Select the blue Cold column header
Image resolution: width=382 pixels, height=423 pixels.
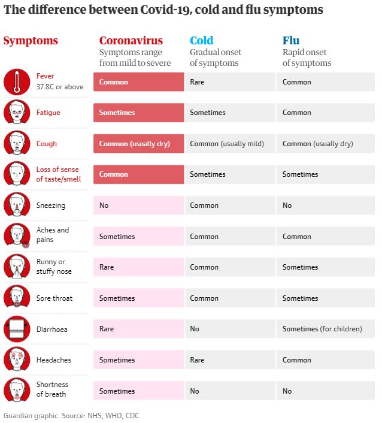201,41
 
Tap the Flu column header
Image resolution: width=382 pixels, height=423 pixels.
291,41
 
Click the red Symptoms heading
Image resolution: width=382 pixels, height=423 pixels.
31,41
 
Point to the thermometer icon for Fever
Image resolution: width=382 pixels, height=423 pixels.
17,82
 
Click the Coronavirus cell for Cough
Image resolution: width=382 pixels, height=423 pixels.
138,144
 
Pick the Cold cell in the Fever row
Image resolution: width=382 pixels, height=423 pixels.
229,82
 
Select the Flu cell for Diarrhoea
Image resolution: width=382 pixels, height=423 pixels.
325,329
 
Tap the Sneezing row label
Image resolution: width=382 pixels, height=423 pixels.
51,206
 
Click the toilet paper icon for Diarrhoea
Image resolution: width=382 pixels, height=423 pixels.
17,329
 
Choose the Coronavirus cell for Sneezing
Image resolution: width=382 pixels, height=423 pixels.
138,206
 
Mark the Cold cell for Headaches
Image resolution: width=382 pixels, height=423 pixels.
229,360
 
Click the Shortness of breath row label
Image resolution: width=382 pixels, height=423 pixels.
53,389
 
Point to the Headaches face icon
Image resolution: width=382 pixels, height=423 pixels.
17,360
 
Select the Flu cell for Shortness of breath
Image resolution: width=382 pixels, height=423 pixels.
325,391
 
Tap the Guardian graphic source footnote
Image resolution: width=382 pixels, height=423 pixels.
72,415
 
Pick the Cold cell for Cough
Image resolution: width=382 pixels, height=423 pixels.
229,144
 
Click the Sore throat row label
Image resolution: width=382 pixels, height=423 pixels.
54,298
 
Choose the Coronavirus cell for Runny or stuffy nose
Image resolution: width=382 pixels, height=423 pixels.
138,267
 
